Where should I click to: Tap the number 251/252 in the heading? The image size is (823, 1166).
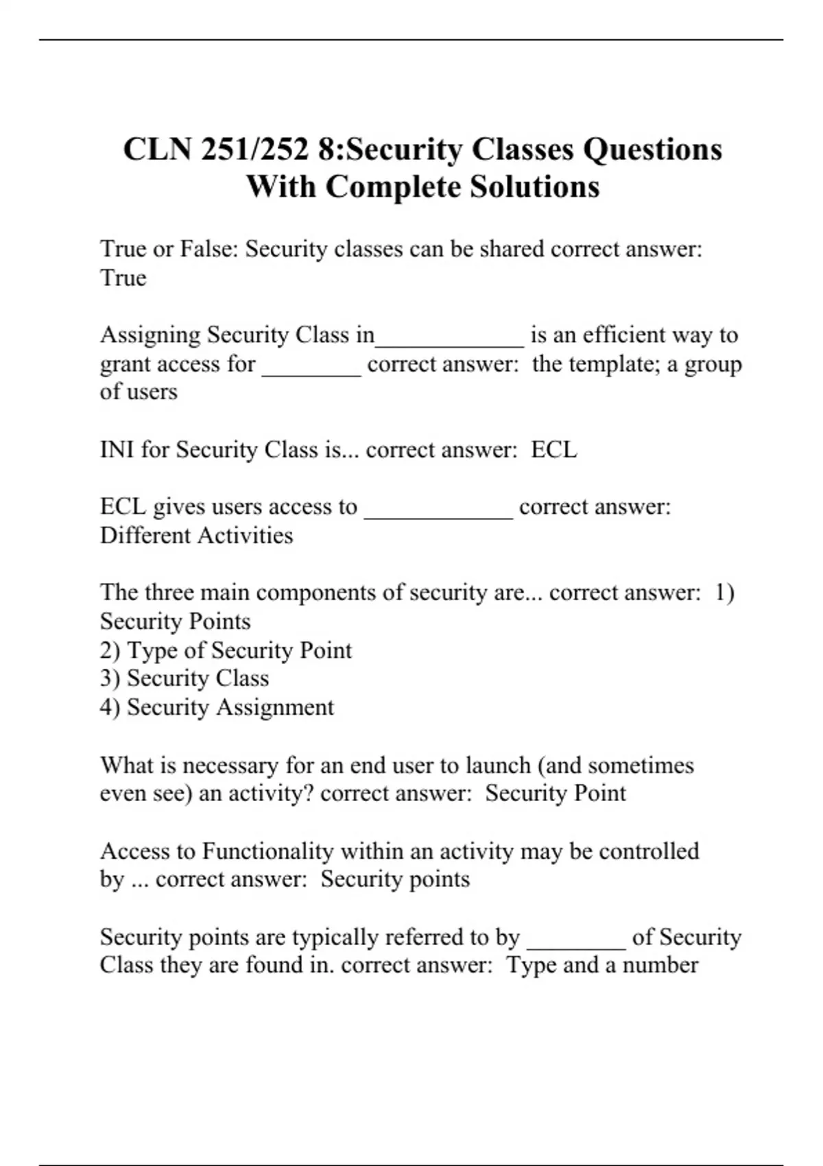point(254,150)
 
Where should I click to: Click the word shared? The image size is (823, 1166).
point(512,248)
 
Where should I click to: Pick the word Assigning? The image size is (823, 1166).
point(150,335)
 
